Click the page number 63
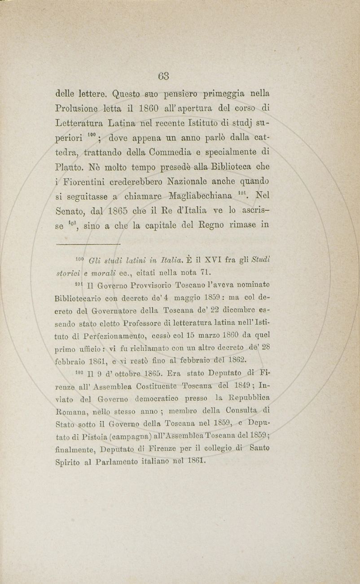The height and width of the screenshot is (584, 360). [163, 76]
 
